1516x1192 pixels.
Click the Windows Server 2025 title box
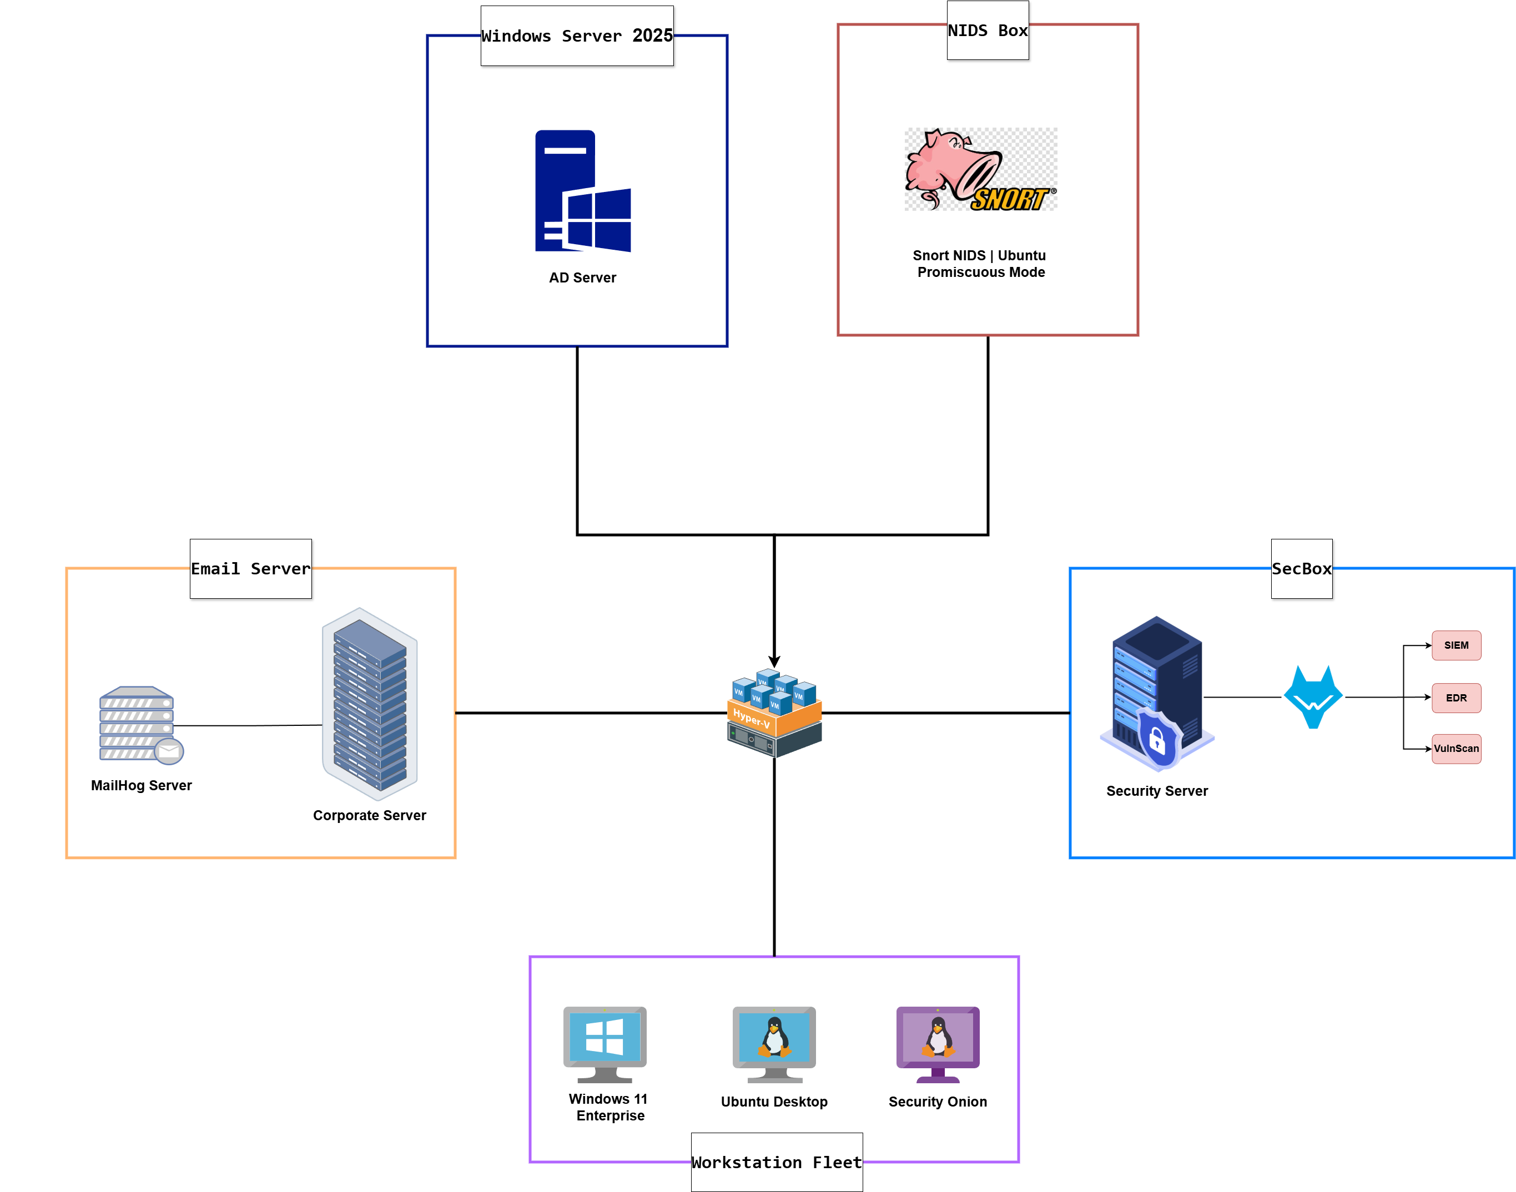tap(577, 36)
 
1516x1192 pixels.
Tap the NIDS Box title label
tap(987, 31)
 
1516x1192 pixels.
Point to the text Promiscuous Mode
tap(981, 272)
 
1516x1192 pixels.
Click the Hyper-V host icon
tap(774, 713)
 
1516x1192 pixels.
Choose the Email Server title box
tap(250, 569)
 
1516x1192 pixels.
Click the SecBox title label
tap(1301, 569)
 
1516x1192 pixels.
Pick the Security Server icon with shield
tap(1156, 694)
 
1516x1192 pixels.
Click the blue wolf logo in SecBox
tap(1313, 697)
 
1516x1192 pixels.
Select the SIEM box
tap(1456, 645)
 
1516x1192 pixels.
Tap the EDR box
tap(1456, 698)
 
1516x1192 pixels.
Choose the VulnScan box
tap(1456, 749)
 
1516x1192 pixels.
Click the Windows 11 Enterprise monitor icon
tap(605, 1043)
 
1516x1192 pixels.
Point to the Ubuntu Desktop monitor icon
tap(774, 1043)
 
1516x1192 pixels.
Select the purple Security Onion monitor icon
tap(938, 1043)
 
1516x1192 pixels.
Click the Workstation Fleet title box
tap(776, 1162)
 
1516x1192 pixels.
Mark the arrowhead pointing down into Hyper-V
tap(774, 661)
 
